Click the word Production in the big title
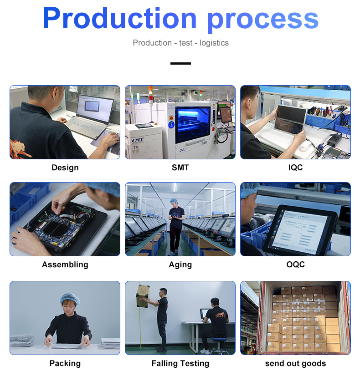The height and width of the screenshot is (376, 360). coord(120,18)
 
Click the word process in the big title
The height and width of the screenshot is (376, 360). coord(263,21)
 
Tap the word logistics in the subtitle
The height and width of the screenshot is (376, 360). coord(214,43)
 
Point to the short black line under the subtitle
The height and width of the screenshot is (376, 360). coord(180,64)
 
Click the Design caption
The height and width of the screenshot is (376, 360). coord(65,168)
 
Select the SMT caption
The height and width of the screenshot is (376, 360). coord(180,168)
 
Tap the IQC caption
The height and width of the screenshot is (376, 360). coord(295,168)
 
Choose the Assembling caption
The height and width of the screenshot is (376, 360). coord(65,264)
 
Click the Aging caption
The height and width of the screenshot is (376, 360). coord(180,265)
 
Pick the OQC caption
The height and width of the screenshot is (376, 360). coord(295,264)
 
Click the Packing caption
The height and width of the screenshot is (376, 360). coord(65,363)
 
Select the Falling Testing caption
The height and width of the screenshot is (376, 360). coord(180,363)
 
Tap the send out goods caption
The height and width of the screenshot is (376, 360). coord(295,363)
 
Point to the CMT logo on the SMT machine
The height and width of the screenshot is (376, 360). coord(138,140)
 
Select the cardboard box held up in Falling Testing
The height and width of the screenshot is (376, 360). coord(143,296)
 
